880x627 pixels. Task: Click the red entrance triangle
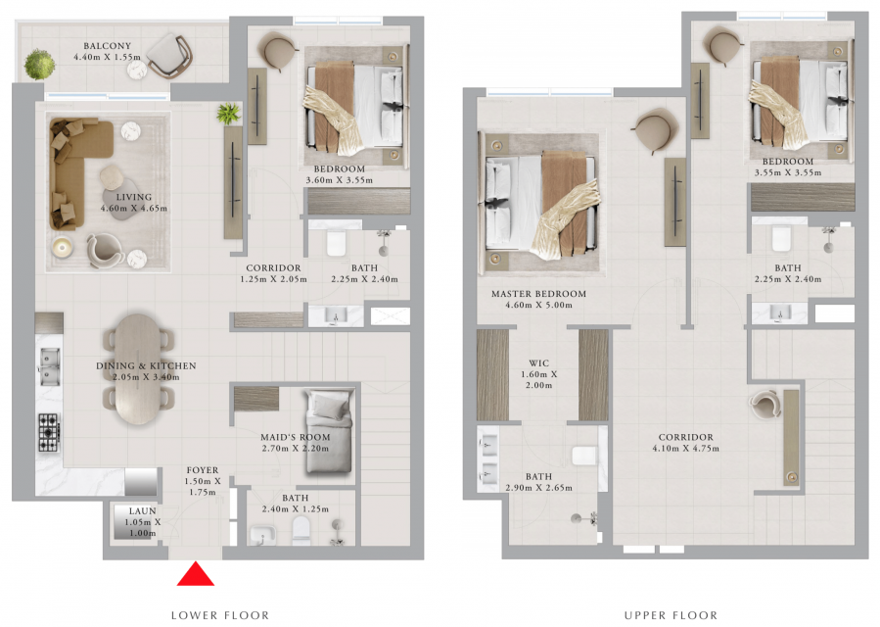tap(196, 574)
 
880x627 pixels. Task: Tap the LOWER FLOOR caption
tap(220, 615)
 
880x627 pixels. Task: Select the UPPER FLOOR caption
tap(671, 615)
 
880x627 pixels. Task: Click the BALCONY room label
tap(108, 45)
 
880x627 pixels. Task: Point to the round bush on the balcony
tap(39, 65)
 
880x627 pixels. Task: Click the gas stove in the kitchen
tap(49, 433)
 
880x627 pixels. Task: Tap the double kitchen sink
tap(49, 366)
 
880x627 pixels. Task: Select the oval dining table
tap(139, 369)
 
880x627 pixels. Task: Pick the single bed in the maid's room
tap(329, 433)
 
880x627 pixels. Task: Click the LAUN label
tap(143, 510)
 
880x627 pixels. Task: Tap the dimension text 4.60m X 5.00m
tap(538, 305)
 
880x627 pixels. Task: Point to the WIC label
tap(538, 362)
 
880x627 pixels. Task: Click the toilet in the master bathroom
tap(583, 456)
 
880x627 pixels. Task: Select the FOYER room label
tap(203, 469)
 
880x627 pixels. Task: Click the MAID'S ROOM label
tap(296, 437)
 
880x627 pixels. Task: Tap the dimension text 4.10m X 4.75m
tap(686, 449)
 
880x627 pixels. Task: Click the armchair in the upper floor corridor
tap(764, 405)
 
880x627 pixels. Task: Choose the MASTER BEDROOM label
tap(538, 293)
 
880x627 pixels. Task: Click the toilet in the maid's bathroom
tap(301, 531)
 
